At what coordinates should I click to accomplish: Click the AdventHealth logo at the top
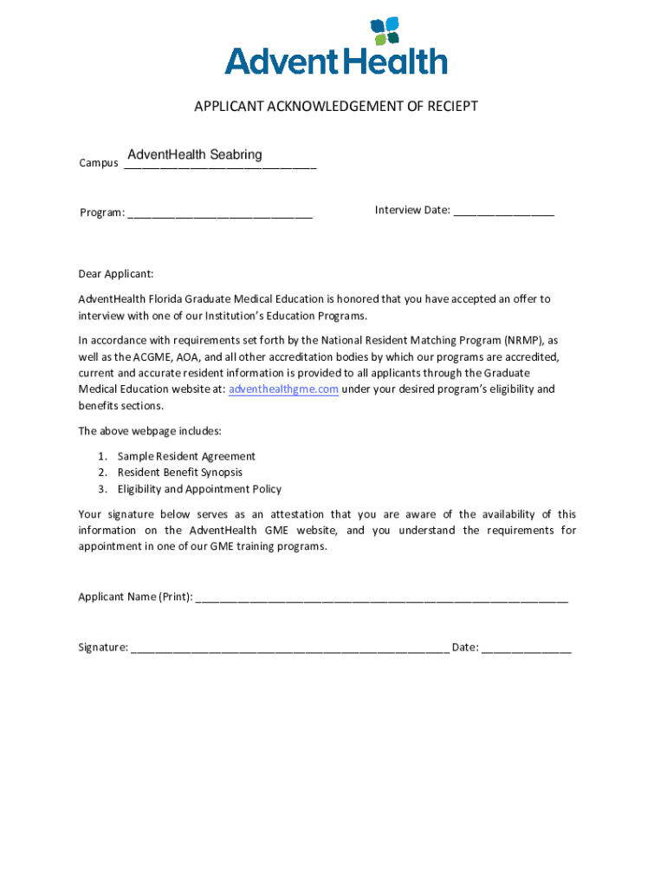click(336, 47)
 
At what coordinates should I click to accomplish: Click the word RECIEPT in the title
click(445, 107)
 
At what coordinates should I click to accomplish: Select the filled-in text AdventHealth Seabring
click(194, 155)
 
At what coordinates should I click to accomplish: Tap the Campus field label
click(98, 163)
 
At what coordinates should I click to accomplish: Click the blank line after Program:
click(220, 213)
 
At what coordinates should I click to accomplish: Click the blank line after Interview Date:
click(503, 211)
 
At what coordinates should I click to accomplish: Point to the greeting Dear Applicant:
click(116, 274)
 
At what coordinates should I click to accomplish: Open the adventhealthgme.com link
click(283, 389)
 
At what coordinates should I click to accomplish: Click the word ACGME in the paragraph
click(153, 356)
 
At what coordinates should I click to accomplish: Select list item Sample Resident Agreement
click(186, 456)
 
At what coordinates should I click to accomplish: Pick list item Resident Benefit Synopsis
click(180, 473)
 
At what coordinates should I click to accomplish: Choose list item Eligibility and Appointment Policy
click(199, 489)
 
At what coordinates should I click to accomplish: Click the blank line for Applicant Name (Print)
click(382, 597)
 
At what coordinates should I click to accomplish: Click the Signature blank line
click(289, 649)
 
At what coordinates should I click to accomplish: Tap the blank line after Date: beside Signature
click(527, 649)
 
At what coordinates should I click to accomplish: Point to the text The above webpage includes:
click(150, 431)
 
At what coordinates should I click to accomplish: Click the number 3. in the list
click(102, 489)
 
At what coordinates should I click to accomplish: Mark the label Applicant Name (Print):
click(135, 597)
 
